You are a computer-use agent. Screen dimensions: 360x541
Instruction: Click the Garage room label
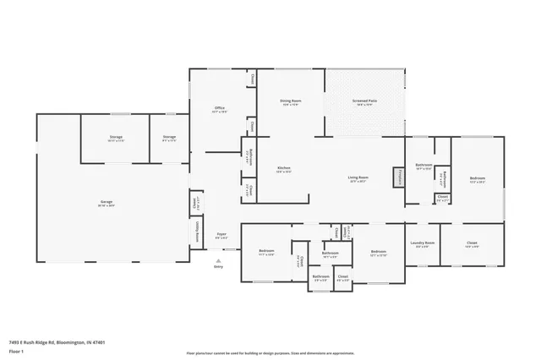click(107, 203)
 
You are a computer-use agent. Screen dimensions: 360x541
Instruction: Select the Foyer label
click(221, 236)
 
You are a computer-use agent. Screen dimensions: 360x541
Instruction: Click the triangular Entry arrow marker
click(219, 260)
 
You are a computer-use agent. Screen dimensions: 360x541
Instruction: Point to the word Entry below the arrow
click(219, 266)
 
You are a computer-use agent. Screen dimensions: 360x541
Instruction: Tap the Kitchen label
click(284, 169)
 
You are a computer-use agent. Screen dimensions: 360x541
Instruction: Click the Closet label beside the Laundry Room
click(472, 244)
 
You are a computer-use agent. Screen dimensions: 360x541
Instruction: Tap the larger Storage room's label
click(115, 138)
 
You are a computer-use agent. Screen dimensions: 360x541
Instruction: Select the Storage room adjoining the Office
click(169, 138)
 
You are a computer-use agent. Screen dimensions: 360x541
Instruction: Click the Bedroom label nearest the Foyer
click(266, 252)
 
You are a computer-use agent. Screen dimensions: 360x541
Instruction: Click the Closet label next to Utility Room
click(196, 203)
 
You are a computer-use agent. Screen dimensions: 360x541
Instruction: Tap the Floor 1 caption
click(16, 350)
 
